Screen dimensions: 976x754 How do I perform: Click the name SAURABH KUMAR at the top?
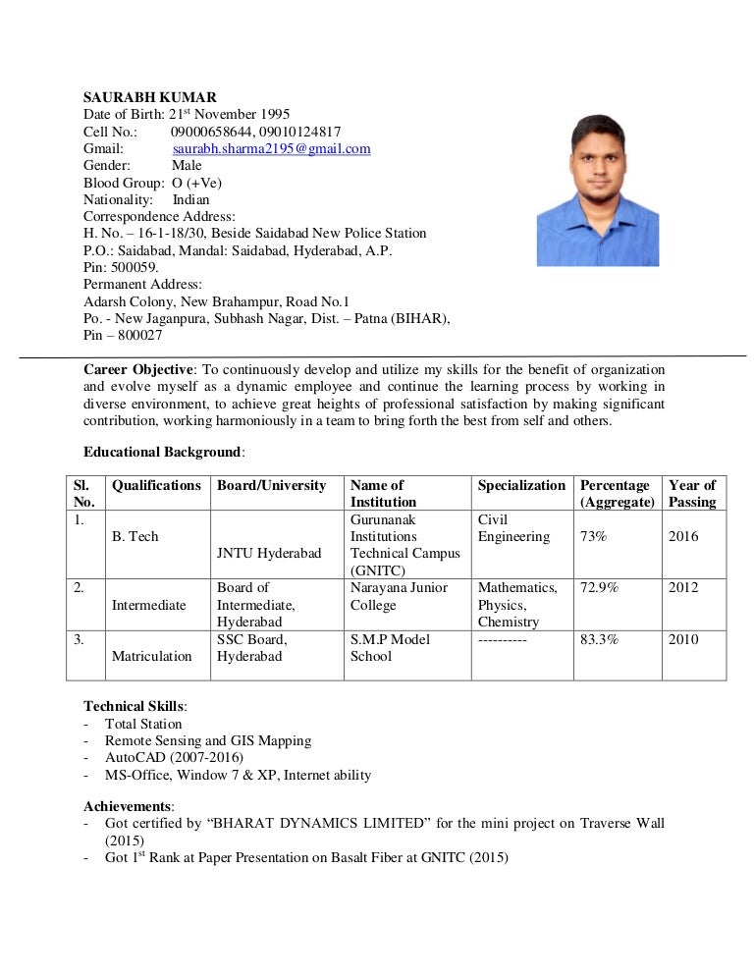point(149,97)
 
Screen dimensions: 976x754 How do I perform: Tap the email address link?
point(271,148)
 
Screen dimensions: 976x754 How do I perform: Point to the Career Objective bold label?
point(138,370)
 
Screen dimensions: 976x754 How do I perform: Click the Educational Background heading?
point(163,452)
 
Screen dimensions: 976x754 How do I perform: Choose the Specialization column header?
point(521,485)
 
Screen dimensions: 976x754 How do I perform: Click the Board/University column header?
point(271,485)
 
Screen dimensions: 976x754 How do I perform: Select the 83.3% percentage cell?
point(598,639)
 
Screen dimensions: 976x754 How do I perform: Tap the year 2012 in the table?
point(683,587)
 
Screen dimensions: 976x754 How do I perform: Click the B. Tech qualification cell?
point(135,537)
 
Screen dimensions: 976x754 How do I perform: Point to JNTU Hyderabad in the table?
point(269,554)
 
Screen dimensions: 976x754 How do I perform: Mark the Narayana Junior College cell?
point(399,596)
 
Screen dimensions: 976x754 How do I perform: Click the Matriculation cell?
point(151,656)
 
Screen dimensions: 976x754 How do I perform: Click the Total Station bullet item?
point(143,724)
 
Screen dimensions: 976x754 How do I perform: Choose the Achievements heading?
point(129,806)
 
